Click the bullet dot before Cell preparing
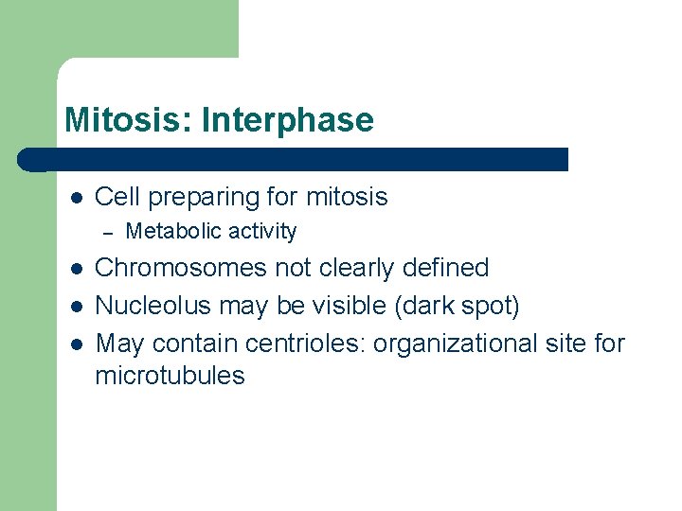click(76, 198)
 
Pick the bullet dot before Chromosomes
click(76, 269)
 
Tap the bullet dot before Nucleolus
click(76, 307)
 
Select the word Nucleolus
click(153, 306)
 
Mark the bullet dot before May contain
click(76, 344)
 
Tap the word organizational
click(453, 343)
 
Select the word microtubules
click(170, 376)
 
